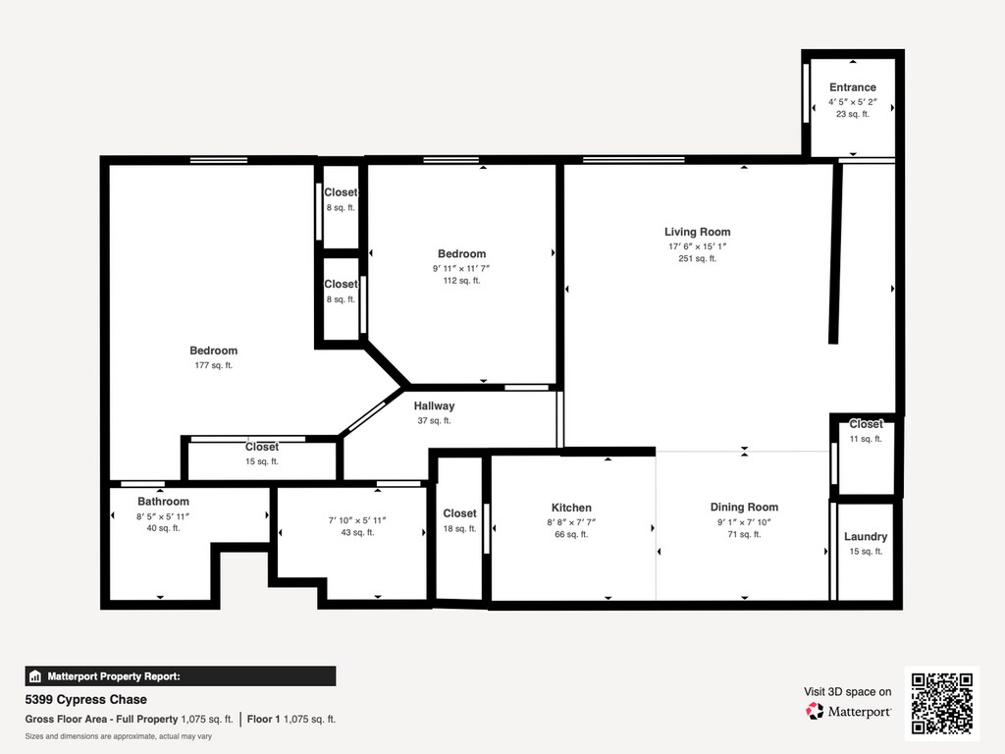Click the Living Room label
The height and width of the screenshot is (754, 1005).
coord(698,232)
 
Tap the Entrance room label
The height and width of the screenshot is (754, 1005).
coord(853,87)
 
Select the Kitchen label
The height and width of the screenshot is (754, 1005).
coord(571,508)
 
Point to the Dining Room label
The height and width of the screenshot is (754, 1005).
coord(744,508)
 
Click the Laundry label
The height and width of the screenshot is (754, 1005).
coord(866,537)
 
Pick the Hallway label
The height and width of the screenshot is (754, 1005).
coord(434,405)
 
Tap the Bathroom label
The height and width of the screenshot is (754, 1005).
coord(163,502)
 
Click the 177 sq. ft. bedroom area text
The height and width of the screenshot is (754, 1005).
coord(213,365)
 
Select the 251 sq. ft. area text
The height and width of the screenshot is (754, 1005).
coord(698,259)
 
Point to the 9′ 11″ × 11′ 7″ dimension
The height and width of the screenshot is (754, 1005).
coord(461,269)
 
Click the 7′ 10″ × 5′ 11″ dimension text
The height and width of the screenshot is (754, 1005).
coord(357,520)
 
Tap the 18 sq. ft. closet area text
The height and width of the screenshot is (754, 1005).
coord(459,529)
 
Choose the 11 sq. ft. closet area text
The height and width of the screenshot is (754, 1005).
coord(866,439)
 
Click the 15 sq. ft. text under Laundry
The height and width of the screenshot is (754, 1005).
coord(866,552)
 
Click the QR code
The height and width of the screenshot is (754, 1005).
coord(942,703)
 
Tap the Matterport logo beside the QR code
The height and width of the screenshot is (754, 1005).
coord(848,711)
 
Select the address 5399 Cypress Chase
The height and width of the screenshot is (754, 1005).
coord(86,699)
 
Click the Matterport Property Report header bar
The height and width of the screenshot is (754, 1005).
coord(181,676)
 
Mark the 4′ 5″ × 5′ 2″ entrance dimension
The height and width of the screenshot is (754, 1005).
coord(853,102)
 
